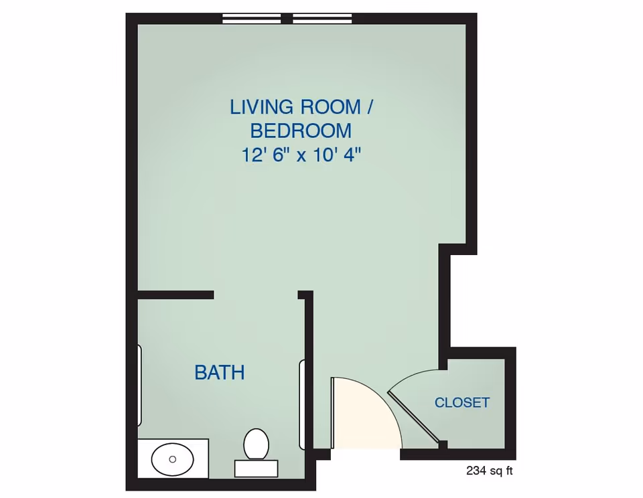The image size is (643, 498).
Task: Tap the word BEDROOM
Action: [x=301, y=131]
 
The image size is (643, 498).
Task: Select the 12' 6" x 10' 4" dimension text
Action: [x=301, y=155]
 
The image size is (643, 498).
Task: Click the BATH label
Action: [x=219, y=373]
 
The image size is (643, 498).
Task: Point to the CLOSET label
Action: [x=462, y=403]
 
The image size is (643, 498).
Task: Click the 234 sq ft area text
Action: [x=490, y=471]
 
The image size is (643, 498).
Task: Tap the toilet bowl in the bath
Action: [x=256, y=443]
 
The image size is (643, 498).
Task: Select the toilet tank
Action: [x=256, y=469]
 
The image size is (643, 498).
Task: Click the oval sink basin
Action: [x=172, y=460]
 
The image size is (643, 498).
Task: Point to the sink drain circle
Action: [x=172, y=459]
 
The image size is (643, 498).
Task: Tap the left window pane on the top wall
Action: [x=252, y=19]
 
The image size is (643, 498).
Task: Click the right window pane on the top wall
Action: [x=322, y=19]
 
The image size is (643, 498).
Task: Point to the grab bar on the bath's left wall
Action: [x=139, y=386]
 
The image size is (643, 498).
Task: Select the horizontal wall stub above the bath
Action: [x=175, y=295]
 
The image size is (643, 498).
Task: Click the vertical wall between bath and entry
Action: [x=309, y=375]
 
